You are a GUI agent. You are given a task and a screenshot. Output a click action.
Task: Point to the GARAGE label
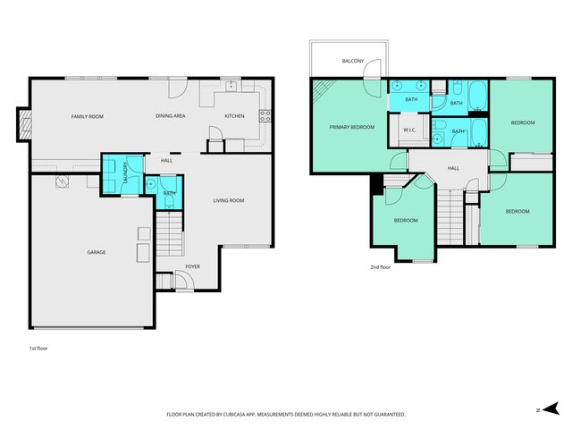click(x=96, y=252)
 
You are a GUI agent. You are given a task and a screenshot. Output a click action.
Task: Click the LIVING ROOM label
click(x=229, y=200)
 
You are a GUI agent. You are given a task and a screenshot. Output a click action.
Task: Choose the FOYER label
click(x=193, y=266)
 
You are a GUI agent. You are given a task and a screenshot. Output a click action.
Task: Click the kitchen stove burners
click(x=265, y=114)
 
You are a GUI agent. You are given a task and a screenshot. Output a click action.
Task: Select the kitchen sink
click(x=231, y=87)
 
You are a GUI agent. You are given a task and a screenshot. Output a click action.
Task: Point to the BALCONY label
click(x=352, y=62)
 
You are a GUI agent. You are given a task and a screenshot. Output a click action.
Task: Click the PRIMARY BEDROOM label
click(x=351, y=127)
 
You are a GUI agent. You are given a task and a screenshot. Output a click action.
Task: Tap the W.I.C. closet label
click(x=410, y=131)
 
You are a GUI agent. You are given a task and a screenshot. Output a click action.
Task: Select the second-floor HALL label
click(x=453, y=168)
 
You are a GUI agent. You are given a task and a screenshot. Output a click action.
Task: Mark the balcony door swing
click(x=376, y=70)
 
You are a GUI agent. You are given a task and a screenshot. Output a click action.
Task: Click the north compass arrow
click(x=541, y=409)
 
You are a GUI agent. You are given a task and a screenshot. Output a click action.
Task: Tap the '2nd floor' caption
click(x=381, y=267)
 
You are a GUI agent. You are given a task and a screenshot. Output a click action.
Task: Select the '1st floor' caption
click(x=38, y=348)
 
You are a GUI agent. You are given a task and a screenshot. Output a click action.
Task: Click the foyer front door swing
click(x=181, y=281)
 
